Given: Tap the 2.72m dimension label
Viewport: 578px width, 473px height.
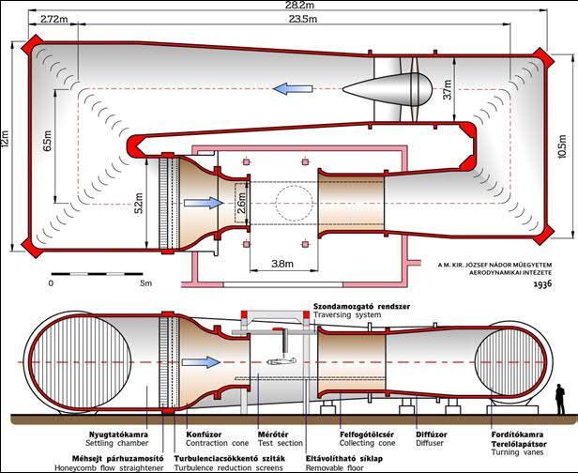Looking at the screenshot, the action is tap(54, 19).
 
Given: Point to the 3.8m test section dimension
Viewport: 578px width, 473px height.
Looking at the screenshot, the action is tap(282, 264).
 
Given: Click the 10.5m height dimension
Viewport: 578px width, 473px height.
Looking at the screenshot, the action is tap(562, 146).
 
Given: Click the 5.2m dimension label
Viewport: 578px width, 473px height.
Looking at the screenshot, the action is tap(139, 204).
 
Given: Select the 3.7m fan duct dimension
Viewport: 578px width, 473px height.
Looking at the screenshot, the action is tap(447, 89).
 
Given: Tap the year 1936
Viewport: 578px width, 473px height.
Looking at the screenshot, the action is tap(542, 284).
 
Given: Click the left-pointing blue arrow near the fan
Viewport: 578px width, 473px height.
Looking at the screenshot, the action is tap(293, 89).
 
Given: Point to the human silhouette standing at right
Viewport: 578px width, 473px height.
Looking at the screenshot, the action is tap(560, 399).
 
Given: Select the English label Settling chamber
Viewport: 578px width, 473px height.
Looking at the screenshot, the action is tap(117, 443).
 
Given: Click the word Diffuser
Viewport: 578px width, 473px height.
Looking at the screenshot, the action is tap(430, 443).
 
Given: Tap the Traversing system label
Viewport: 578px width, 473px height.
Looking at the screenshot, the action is tap(347, 314).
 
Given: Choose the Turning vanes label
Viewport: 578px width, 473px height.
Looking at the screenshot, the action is tap(517, 452).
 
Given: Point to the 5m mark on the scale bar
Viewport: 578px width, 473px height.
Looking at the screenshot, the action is tap(146, 283).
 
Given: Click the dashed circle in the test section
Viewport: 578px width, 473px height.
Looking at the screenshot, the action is tap(295, 203).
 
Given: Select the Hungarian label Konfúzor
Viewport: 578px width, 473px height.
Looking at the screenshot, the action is tap(204, 435).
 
